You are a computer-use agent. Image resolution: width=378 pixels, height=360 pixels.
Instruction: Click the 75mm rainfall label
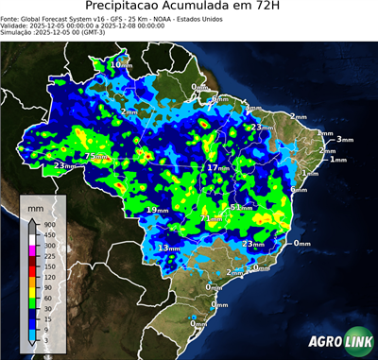pos(96,156)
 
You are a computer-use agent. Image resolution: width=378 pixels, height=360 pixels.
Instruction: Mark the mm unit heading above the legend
pos(36,206)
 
